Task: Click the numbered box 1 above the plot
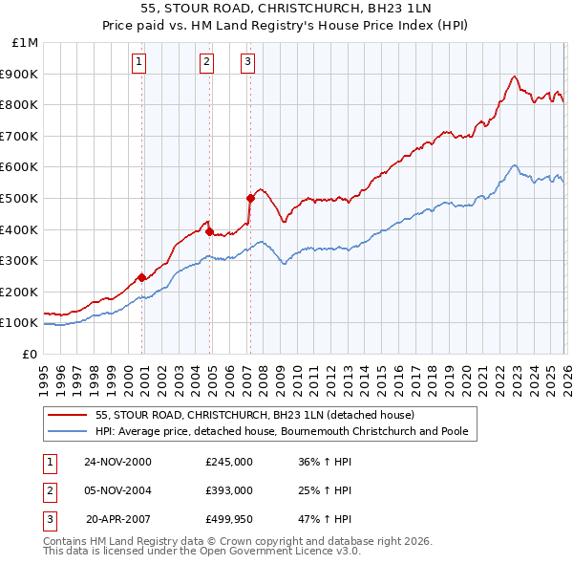(x=138, y=63)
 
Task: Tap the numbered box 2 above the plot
(x=206, y=63)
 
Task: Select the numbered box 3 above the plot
(x=247, y=63)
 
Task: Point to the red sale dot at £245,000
(x=142, y=277)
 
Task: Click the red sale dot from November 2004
(x=209, y=231)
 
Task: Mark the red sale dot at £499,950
(x=250, y=198)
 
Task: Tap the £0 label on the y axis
(x=30, y=354)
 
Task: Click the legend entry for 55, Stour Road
(x=254, y=416)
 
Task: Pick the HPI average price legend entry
(x=282, y=432)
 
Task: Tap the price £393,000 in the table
(x=228, y=490)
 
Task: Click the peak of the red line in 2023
(x=514, y=76)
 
